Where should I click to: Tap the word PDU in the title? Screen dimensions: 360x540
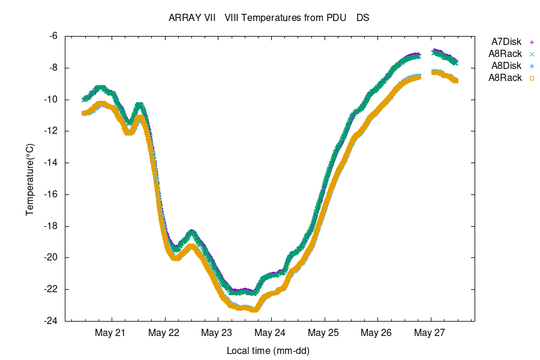pos(336,18)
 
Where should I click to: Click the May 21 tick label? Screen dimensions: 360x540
pos(111,332)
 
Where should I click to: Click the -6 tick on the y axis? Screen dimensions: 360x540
pos(53,36)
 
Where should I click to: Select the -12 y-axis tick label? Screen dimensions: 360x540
pos(50,131)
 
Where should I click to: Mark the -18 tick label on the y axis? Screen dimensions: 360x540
pos(50,226)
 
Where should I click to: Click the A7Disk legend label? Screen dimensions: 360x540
pos(506,42)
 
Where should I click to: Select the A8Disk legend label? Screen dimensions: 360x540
pos(506,66)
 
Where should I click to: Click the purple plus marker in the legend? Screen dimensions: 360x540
pos(532,42)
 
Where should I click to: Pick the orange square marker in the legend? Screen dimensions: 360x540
pos(532,78)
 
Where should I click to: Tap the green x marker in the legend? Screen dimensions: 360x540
pos(532,54)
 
